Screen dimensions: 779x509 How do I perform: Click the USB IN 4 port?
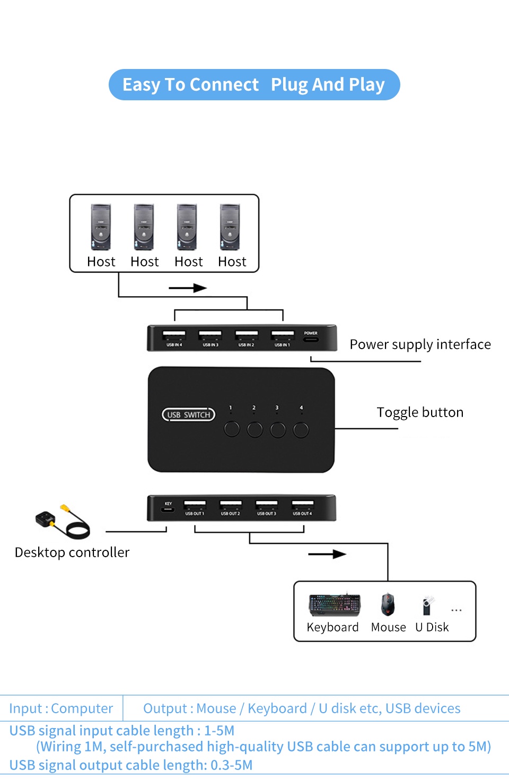pyautogui.click(x=174, y=335)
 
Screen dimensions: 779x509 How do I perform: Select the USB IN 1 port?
pyautogui.click(x=282, y=335)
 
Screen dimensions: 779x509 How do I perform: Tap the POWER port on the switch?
pyautogui.click(x=311, y=338)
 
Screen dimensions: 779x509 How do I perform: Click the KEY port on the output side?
pyautogui.click(x=168, y=509)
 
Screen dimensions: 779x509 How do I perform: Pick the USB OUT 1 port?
pyautogui.click(x=195, y=504)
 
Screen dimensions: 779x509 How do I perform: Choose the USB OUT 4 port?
pyautogui.click(x=302, y=504)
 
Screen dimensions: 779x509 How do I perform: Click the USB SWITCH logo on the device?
pyautogui.click(x=188, y=414)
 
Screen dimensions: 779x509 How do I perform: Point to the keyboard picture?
pyautogui.click(x=335, y=605)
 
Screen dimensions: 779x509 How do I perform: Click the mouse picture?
pyautogui.click(x=388, y=605)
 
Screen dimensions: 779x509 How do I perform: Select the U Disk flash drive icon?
pyautogui.click(x=427, y=605)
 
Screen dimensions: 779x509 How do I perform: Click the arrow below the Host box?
pyautogui.click(x=188, y=288)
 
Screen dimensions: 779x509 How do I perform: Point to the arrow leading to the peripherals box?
pyautogui.click(x=327, y=554)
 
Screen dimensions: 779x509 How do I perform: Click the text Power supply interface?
pyautogui.click(x=420, y=344)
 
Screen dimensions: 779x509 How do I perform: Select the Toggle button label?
pyautogui.click(x=420, y=412)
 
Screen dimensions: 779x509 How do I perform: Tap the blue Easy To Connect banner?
pyautogui.click(x=254, y=85)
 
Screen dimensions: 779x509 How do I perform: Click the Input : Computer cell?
pyautogui.click(x=61, y=708)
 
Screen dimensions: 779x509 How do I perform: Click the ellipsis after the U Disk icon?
pyautogui.click(x=456, y=610)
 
